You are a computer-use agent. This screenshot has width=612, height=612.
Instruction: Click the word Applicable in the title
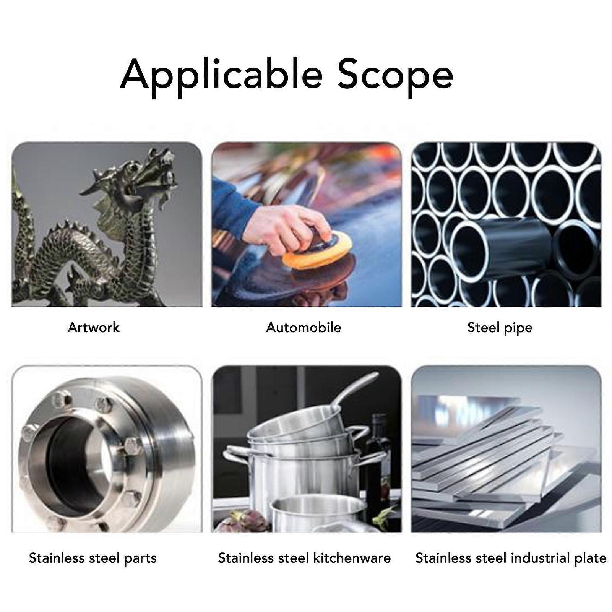tap(221, 75)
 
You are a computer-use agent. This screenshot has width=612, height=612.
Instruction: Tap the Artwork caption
tap(93, 328)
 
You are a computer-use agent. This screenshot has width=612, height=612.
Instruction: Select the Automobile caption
tap(304, 328)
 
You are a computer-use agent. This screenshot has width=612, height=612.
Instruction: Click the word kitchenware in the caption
tap(352, 558)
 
